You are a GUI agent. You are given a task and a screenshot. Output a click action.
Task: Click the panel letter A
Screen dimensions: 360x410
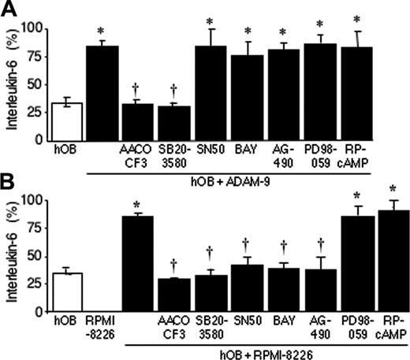[x=10, y=10]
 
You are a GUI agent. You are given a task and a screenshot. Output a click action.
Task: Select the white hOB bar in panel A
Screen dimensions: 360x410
[x=66, y=121]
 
